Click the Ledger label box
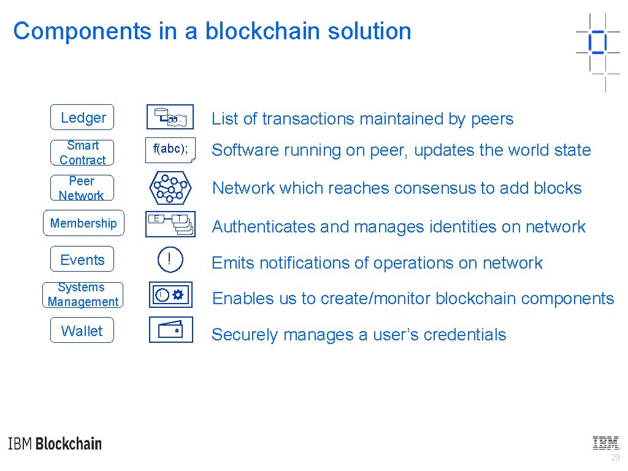point(82,117)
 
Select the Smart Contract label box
point(82,153)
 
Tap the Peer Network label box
point(82,188)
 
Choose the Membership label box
point(83,223)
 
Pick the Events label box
point(82,260)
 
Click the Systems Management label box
point(82,294)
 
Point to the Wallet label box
point(82,331)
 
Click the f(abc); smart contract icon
point(170,150)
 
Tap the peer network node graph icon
point(171,188)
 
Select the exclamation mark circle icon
point(169,260)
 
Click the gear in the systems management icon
point(178,295)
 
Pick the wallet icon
point(171,330)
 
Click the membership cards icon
point(170,224)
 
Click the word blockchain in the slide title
point(257,31)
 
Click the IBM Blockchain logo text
point(55,444)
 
